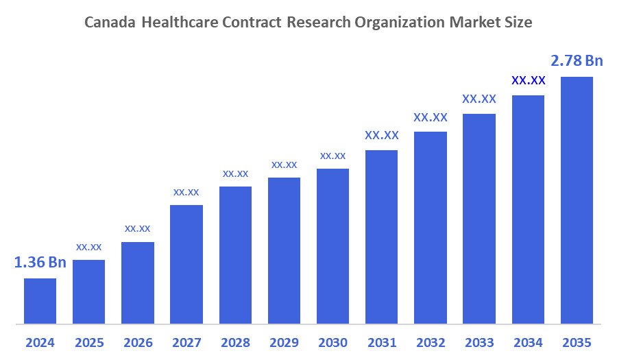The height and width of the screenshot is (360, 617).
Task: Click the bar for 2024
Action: pos(40,300)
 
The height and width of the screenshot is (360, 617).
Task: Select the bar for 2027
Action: pos(186,264)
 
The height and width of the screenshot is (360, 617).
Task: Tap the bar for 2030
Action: pos(332,245)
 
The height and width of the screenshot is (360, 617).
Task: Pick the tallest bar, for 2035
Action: pos(577,200)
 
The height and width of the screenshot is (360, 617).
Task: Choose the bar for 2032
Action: pos(431,227)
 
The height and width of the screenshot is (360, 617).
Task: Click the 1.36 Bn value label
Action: pos(40,263)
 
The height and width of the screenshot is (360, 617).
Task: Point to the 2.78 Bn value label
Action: pos(577,61)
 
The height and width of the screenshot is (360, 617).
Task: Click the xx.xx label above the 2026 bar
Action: pos(137,228)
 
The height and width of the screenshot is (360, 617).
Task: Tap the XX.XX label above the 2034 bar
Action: pos(528,80)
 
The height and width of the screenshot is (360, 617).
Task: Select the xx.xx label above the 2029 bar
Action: pos(284,165)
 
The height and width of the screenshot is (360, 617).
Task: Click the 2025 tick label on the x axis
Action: pos(88,342)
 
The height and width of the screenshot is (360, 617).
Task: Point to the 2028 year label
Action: pos(235,342)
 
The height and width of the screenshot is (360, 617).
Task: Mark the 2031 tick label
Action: pos(381,342)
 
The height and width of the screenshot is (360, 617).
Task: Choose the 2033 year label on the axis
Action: pos(479,342)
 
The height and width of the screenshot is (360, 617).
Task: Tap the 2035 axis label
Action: pos(577,342)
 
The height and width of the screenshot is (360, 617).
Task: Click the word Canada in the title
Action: pos(110,22)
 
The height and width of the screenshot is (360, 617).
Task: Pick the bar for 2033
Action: pos(479,218)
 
